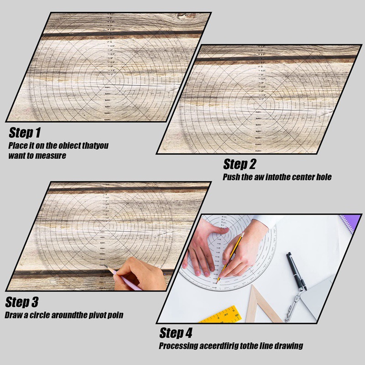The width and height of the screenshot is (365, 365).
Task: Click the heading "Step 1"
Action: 25,133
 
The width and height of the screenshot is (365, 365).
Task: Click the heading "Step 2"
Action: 240,164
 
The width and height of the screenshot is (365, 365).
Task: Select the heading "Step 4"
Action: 176,333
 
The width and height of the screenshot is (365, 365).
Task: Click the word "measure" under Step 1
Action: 52,156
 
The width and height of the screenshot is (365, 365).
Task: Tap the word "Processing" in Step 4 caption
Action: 178,346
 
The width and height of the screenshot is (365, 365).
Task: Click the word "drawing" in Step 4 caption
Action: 288,346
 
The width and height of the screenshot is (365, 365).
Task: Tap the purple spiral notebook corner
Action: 347,224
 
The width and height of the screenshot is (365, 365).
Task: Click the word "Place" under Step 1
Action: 18,146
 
